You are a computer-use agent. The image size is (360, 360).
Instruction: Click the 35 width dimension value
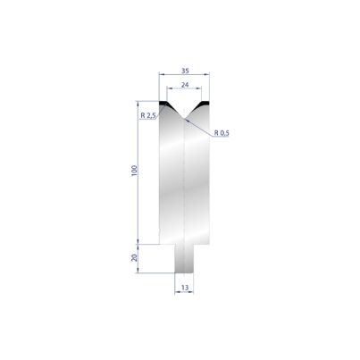click(185, 71)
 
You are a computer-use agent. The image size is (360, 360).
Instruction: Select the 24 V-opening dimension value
click(185, 85)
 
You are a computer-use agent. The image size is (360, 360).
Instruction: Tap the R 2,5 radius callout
click(148, 115)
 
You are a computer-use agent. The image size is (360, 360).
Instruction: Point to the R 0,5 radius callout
click(222, 133)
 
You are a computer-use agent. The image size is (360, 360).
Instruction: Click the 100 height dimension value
click(135, 171)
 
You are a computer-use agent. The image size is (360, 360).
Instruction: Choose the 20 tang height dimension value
click(135, 257)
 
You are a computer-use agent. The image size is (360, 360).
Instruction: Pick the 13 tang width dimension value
click(185, 288)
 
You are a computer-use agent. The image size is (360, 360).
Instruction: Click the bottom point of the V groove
click(184, 119)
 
